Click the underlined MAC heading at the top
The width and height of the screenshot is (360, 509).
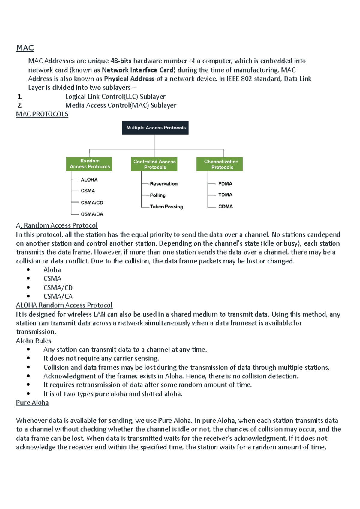25,48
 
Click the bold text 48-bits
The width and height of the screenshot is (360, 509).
121,61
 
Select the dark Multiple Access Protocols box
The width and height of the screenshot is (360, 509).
155,128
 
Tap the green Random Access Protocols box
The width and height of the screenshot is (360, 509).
89,164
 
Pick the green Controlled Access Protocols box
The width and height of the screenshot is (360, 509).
154,164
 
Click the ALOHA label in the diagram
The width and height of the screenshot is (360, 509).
89,180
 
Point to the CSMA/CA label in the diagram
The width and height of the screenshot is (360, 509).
92,214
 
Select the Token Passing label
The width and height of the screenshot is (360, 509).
166,207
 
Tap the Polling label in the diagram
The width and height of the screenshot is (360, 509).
157,195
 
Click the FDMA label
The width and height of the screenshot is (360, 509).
225,184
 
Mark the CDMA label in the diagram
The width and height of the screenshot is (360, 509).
225,207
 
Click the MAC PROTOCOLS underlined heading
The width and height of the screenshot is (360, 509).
42,114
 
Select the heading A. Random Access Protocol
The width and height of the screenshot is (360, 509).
57,225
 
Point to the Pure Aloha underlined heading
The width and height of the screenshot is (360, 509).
32,403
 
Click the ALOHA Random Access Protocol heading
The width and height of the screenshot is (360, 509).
64,305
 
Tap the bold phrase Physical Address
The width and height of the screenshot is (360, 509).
129,79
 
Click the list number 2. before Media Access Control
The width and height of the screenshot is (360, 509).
20,105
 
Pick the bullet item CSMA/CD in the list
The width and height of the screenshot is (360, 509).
58,288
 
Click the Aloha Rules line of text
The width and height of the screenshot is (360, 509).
34,341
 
